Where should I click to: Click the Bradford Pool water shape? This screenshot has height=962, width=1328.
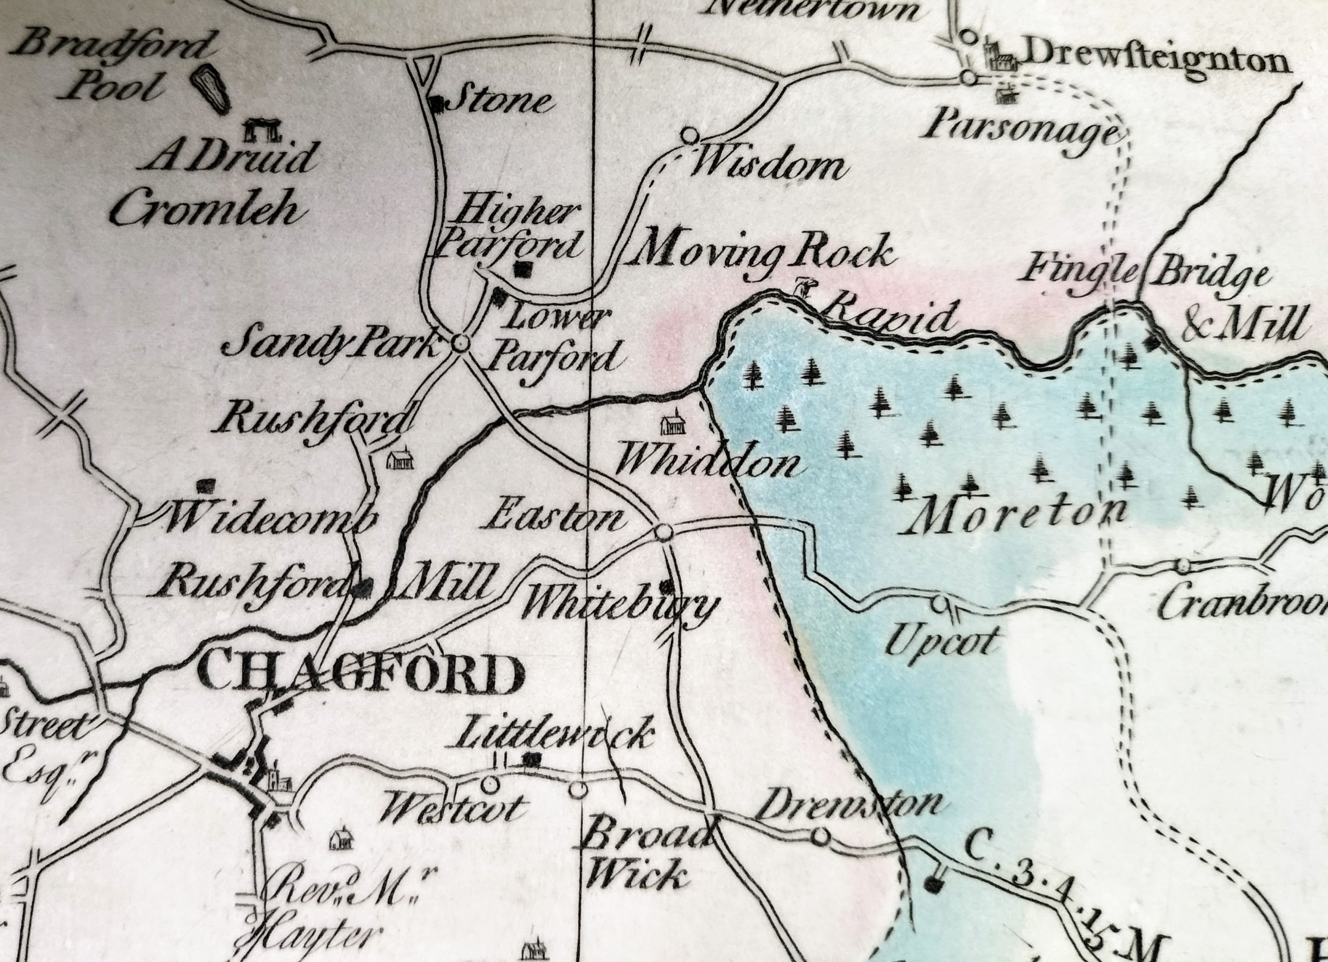(211, 88)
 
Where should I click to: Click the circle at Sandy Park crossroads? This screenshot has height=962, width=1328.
(461, 343)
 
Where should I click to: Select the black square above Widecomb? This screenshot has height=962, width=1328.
(204, 485)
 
